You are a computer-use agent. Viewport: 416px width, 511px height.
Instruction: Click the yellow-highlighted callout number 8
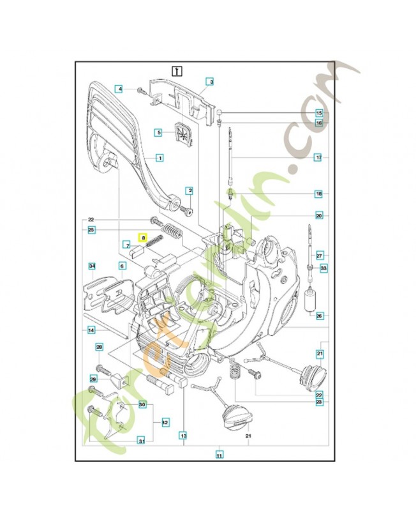coord(144,237)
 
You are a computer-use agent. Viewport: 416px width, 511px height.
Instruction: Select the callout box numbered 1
coord(160,157)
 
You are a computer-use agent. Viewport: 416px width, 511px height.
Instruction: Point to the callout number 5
coord(159,132)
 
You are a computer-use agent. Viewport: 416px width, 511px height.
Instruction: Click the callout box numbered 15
coord(318,113)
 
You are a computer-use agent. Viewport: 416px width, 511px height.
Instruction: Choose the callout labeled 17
coord(318,156)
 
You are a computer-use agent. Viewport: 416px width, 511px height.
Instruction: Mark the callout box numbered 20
coord(318,216)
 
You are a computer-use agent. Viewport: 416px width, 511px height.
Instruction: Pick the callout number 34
coord(92,266)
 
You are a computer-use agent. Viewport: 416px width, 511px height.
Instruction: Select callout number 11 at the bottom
coord(219,455)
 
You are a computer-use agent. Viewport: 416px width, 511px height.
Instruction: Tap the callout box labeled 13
coord(183,436)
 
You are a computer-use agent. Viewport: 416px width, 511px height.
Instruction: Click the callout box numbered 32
coord(165,422)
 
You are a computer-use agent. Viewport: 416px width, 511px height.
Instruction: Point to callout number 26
coord(319,315)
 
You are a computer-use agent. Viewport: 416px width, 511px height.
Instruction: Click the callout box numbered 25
coord(92,229)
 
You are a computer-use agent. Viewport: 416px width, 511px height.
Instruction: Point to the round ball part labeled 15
coord(219,112)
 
